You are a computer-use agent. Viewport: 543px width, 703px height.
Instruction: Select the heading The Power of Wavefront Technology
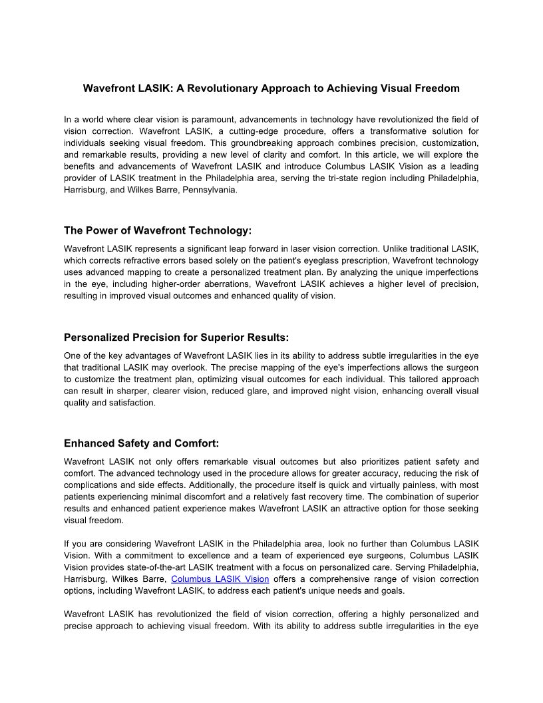(x=158, y=230)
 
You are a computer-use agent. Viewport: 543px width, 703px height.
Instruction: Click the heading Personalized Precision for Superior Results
(x=176, y=337)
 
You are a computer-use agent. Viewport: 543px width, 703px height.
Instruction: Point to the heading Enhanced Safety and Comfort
(x=141, y=443)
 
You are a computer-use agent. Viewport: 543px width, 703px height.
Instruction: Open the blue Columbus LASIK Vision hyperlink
(x=220, y=579)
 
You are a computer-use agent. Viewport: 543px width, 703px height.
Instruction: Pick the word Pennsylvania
(x=207, y=190)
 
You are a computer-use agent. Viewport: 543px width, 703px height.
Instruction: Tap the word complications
(x=89, y=485)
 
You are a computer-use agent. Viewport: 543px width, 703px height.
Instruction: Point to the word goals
(x=391, y=591)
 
